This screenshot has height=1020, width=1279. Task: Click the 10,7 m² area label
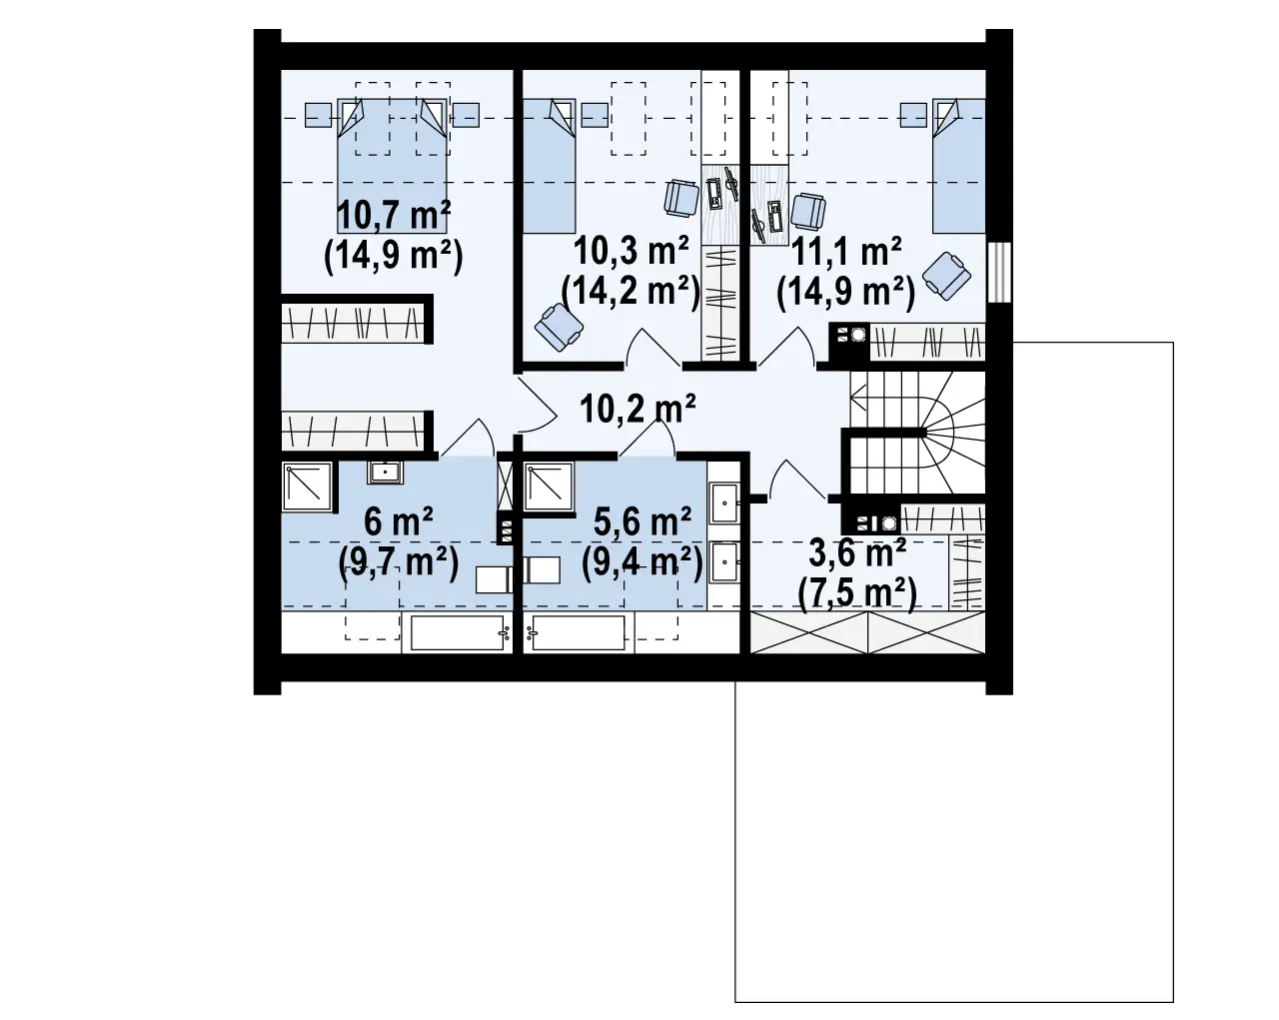(393, 215)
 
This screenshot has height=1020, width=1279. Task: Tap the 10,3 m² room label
(631, 251)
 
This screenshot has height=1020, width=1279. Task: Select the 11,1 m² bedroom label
(845, 251)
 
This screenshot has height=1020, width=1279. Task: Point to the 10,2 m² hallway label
(638, 409)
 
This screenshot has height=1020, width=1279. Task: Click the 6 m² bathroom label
(399, 521)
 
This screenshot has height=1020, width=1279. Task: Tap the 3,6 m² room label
(857, 552)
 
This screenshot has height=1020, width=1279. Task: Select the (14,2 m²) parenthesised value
(631, 292)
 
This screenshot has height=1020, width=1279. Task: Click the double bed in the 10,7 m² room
(393, 165)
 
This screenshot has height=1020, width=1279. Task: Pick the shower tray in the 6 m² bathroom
(308, 487)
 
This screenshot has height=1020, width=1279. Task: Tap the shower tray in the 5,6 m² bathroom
(549, 487)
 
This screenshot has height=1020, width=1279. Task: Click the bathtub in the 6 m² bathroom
(458, 632)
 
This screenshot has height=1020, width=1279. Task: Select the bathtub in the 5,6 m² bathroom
(579, 632)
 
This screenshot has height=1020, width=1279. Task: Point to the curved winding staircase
(917, 433)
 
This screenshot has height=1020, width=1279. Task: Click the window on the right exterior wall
(999, 273)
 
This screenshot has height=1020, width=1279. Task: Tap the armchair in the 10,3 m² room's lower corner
(559, 326)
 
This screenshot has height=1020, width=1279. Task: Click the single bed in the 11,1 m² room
(958, 165)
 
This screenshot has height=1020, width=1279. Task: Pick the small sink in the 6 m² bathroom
(385, 472)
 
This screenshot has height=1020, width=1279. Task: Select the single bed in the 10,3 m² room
(550, 165)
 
